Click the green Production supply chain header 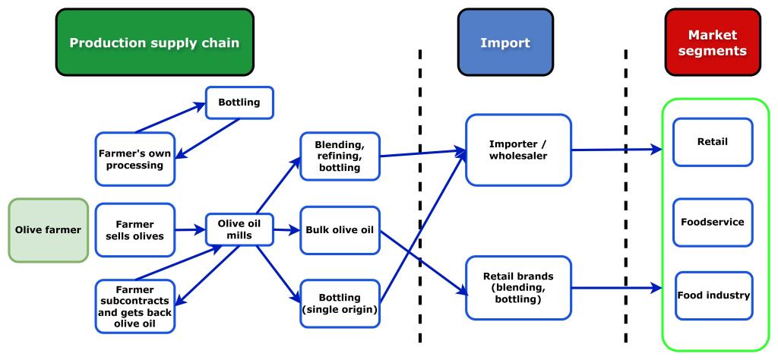155,43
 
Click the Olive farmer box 48,229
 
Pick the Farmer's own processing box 134,158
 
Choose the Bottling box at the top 239,103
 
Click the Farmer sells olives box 134,229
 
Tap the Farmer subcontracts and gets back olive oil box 134,306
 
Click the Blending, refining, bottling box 340,156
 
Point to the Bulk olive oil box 340,229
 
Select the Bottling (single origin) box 340,302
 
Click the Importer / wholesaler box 518,150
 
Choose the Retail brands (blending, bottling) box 518,287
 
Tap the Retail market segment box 713,142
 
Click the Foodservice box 713,223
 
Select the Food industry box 713,295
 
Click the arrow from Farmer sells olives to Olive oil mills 190,229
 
